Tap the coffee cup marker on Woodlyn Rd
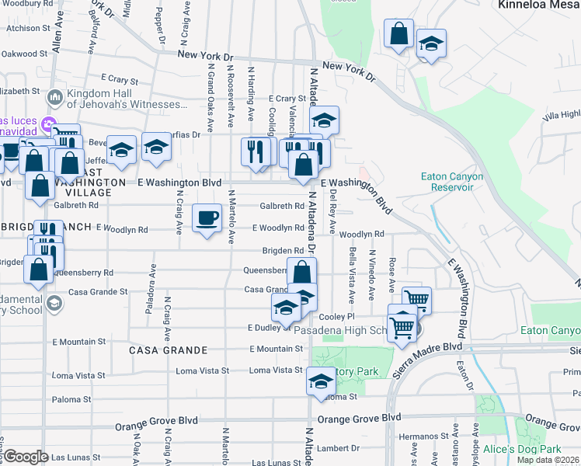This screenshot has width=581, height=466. coord(206,219)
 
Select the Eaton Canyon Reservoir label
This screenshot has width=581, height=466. coord(452,182)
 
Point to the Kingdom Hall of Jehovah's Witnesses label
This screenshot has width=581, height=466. coord(127,99)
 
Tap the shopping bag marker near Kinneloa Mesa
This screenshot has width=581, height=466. coord(398,35)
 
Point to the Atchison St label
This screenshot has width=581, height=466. coord(24,28)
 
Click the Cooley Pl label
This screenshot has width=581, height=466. coord(336,317)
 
